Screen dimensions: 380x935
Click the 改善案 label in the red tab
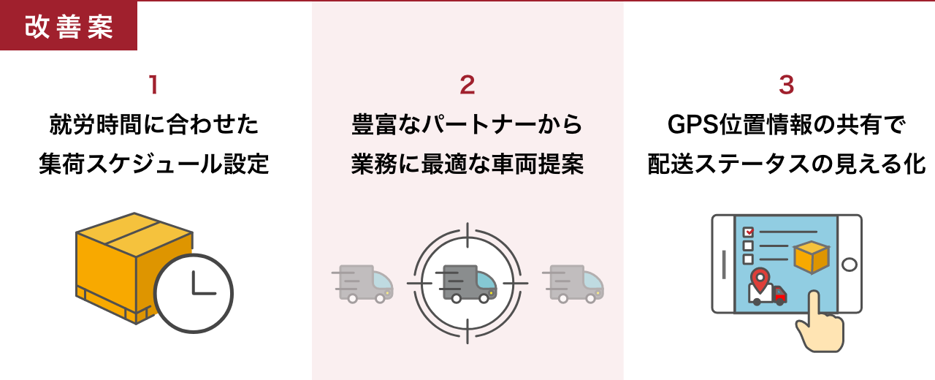[69, 26]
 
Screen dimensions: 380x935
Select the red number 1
[153, 85]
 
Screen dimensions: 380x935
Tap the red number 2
[467, 85]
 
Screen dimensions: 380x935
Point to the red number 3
[786, 85]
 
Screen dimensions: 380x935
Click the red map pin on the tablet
[761, 278]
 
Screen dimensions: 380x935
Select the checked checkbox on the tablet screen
[748, 232]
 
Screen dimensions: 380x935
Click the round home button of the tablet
[850, 264]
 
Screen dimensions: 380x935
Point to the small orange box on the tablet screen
[811, 256]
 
